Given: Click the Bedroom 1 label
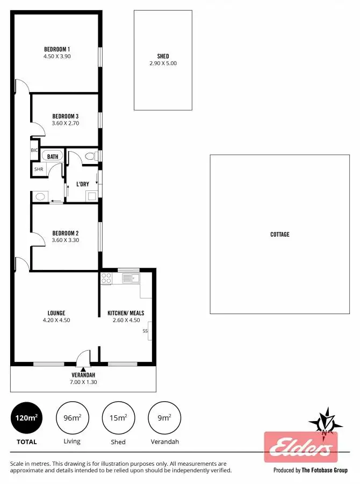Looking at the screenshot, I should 57,48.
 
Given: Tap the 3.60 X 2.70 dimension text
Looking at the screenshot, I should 66,123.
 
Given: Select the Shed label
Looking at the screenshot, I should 163,56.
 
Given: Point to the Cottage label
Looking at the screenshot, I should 279,234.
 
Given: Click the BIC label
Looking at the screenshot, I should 34,151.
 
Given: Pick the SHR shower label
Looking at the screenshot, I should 39,169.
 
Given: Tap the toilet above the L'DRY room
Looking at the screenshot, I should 90,156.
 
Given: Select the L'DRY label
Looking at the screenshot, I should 82,184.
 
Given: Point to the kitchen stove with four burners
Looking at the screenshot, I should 106,279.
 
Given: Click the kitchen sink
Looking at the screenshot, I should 130,278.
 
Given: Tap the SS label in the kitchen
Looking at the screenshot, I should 145,331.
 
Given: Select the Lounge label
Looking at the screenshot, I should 56,313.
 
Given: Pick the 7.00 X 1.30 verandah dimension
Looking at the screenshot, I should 83,382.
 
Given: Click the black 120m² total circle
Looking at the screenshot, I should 27,418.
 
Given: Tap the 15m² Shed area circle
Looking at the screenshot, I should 118,418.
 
